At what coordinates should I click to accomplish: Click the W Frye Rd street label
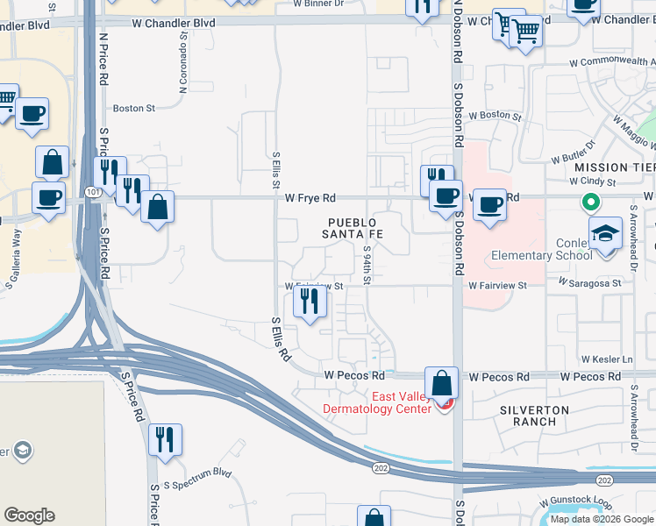point(310,198)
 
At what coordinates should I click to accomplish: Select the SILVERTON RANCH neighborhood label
point(535,416)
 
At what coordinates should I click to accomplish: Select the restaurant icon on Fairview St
point(310,302)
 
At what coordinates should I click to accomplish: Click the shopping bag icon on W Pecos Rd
point(442,382)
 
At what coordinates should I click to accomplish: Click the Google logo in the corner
point(29,515)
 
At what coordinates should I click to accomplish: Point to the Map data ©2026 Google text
point(601,519)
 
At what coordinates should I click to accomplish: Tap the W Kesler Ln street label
point(607,359)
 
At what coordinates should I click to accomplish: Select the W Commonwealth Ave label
point(611,63)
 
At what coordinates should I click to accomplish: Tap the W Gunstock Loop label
point(579,503)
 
